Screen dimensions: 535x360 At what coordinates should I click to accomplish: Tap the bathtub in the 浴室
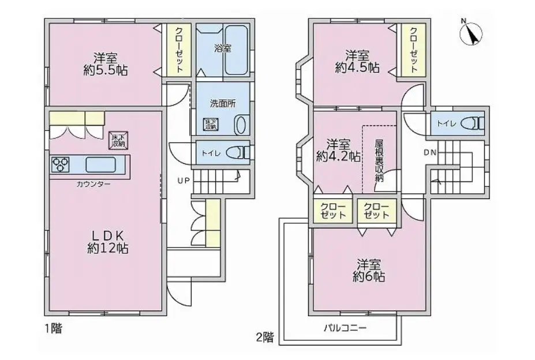tap(237, 50)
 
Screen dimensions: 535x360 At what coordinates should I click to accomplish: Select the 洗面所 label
tap(223, 104)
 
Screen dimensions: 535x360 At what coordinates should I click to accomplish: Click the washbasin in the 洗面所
tap(241, 125)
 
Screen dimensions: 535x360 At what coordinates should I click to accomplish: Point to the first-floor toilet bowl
tap(238, 152)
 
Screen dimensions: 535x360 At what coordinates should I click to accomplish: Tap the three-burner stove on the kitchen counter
tap(61, 164)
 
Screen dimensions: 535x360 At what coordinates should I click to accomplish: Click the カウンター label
tap(93, 184)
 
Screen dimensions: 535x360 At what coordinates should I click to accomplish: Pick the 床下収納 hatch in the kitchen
tap(118, 140)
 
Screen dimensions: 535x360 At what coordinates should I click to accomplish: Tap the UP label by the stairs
tap(183, 181)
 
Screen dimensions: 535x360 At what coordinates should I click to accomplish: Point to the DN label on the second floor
tap(431, 152)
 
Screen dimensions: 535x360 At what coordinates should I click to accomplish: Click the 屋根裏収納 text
tap(379, 160)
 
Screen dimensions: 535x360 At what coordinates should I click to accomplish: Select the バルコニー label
tap(345, 328)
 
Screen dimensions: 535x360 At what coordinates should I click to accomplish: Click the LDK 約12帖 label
tap(107, 242)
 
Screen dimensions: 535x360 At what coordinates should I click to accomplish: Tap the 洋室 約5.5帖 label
tap(106, 64)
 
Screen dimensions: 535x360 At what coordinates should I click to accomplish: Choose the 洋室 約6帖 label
tap(369, 270)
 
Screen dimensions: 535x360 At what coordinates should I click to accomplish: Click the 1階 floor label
tap(54, 329)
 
